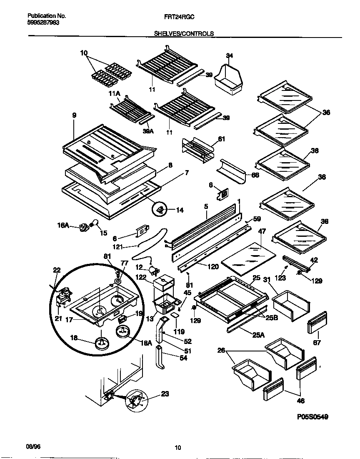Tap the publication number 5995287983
pos(40,23)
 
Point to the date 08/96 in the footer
pos(32,446)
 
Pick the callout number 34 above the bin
pos(229,55)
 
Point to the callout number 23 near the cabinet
pos(165,393)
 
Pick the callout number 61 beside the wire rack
pos(221,139)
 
